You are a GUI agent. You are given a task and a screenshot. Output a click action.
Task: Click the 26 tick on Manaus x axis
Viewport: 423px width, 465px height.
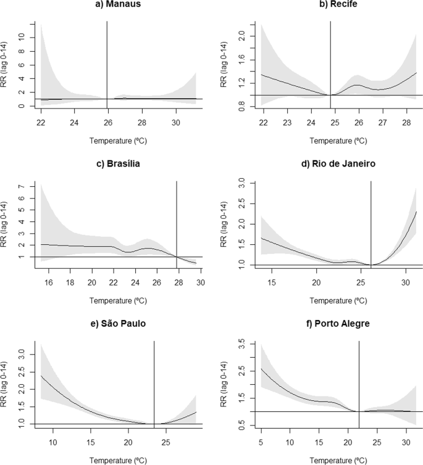[x=107, y=122]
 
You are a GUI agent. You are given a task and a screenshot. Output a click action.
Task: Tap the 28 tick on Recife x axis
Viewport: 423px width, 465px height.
[x=412, y=122]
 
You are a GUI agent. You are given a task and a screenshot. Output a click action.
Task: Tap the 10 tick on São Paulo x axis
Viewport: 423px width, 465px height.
[x=52, y=442]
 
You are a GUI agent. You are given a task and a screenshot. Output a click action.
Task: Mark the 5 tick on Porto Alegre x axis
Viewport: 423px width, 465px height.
[x=262, y=442]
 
